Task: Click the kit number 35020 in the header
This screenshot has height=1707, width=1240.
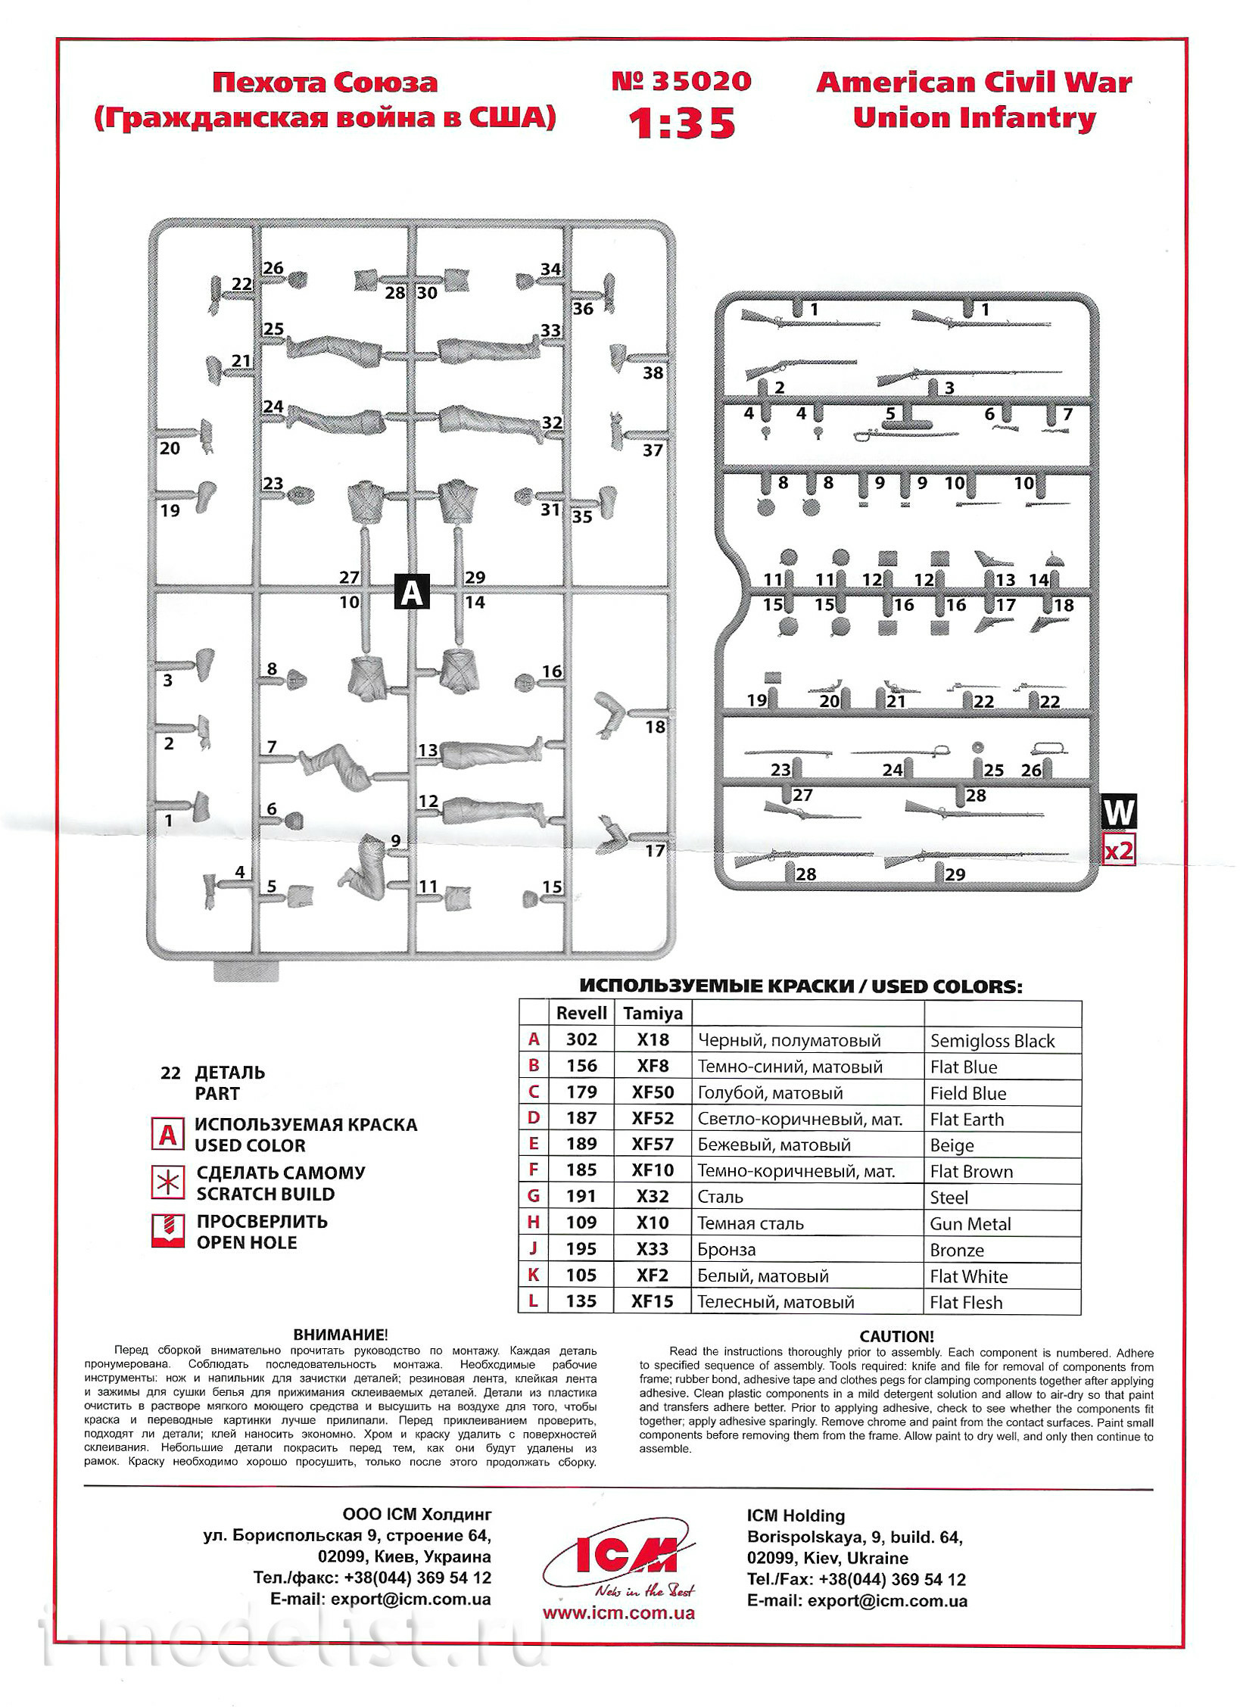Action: [681, 80]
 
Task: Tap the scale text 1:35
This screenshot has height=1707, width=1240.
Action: [682, 123]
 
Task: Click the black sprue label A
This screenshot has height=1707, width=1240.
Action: [411, 591]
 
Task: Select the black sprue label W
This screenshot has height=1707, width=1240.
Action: [1118, 812]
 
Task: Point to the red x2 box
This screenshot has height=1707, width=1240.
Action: [1119, 851]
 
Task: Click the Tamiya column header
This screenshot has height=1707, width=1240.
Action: [653, 1013]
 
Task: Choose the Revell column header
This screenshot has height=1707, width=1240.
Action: [581, 1013]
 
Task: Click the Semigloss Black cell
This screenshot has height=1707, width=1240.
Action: [992, 1041]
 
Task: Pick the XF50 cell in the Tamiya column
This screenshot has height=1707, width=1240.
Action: [653, 1092]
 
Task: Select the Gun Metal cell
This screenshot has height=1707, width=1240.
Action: [971, 1224]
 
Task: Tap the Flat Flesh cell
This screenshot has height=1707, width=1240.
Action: [966, 1303]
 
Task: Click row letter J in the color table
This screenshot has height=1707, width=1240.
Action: [534, 1250]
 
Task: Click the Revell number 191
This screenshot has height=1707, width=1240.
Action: [581, 1197]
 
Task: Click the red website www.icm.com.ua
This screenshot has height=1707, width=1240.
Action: [618, 1613]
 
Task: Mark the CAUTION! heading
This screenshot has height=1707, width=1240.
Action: [896, 1337]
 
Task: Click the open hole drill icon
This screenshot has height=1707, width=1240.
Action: [167, 1232]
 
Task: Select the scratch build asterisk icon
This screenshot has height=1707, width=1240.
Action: [167, 1182]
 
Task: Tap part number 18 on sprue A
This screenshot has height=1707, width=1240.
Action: [655, 727]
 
